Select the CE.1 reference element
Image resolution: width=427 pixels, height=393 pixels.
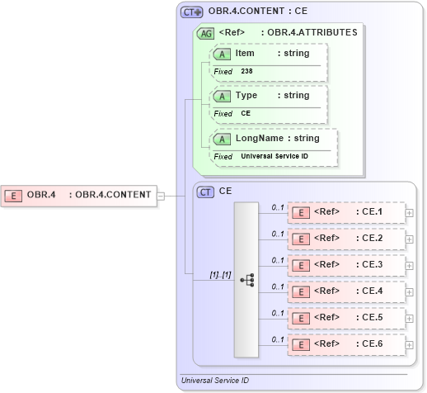346,212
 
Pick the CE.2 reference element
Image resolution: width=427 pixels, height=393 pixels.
346,239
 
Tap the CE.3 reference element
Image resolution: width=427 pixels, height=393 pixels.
346,265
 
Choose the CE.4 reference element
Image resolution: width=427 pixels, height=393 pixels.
346,291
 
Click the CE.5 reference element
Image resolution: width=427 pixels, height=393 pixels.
346,317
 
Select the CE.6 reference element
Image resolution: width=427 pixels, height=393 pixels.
346,343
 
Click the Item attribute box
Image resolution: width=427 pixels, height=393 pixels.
269,54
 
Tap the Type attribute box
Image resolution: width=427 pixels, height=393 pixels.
269,96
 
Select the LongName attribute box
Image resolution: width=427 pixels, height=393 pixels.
274,138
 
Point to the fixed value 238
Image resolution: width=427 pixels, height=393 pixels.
247,72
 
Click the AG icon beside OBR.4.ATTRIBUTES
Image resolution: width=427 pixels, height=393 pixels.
204,33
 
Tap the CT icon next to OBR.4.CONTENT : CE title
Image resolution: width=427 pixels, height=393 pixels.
192,12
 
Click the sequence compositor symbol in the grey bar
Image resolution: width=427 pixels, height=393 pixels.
246,280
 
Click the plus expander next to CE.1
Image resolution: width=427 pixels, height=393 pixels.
410,213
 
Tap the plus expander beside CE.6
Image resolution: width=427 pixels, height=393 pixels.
410,344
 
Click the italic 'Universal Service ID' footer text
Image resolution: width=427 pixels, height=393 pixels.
216,381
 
